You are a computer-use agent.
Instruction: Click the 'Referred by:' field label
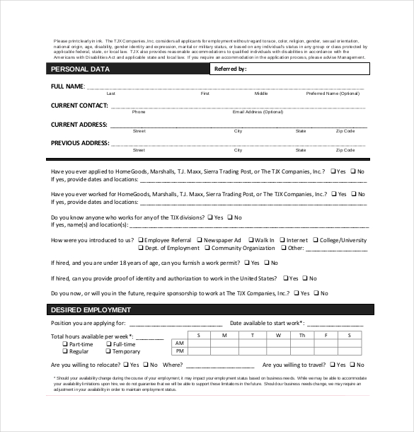pyautogui.click(x=230, y=69)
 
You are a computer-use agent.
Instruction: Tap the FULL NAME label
pyautogui.click(x=67, y=86)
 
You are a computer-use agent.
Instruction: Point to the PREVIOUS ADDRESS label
pyautogui.click(x=80, y=143)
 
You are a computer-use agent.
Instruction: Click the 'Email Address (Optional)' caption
pyautogui.click(x=258, y=112)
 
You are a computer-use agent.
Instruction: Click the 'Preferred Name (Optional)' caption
pyautogui.click(x=333, y=93)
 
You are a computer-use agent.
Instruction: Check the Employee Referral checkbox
pyautogui.click(x=140, y=240)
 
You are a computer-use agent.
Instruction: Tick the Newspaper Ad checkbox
pyautogui.click(x=200, y=240)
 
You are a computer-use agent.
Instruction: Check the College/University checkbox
pyautogui.click(x=314, y=240)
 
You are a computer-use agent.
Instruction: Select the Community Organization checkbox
pyautogui.click(x=206, y=248)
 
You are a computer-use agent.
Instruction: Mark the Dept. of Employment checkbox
pyautogui.click(x=140, y=248)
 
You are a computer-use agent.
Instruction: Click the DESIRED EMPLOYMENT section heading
pyautogui.click(x=91, y=310)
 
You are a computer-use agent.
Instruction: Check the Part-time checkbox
pyautogui.click(x=64, y=344)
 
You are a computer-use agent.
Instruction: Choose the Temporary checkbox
pyautogui.click(x=108, y=351)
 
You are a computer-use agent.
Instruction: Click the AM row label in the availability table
pyautogui.click(x=180, y=343)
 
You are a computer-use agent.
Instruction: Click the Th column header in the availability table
pyautogui.click(x=302, y=334)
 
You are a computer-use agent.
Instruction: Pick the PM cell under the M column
pyautogui.click(x=224, y=351)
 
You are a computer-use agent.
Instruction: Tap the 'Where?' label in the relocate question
pyautogui.click(x=173, y=365)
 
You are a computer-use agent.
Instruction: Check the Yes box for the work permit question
pyautogui.click(x=247, y=263)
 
